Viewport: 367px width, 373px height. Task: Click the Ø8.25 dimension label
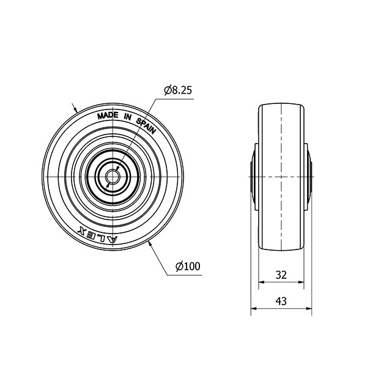178,90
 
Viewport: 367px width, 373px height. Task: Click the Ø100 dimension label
188,266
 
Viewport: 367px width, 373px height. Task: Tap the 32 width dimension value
281,275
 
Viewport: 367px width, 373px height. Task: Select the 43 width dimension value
281,301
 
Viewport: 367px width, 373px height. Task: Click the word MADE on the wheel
108,116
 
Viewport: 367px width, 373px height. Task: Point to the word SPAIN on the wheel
146,125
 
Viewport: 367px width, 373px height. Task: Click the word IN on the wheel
128,116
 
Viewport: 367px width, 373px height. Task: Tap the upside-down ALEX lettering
98,234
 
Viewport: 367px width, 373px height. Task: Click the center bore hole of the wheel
113,177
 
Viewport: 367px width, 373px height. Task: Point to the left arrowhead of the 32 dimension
262,282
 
